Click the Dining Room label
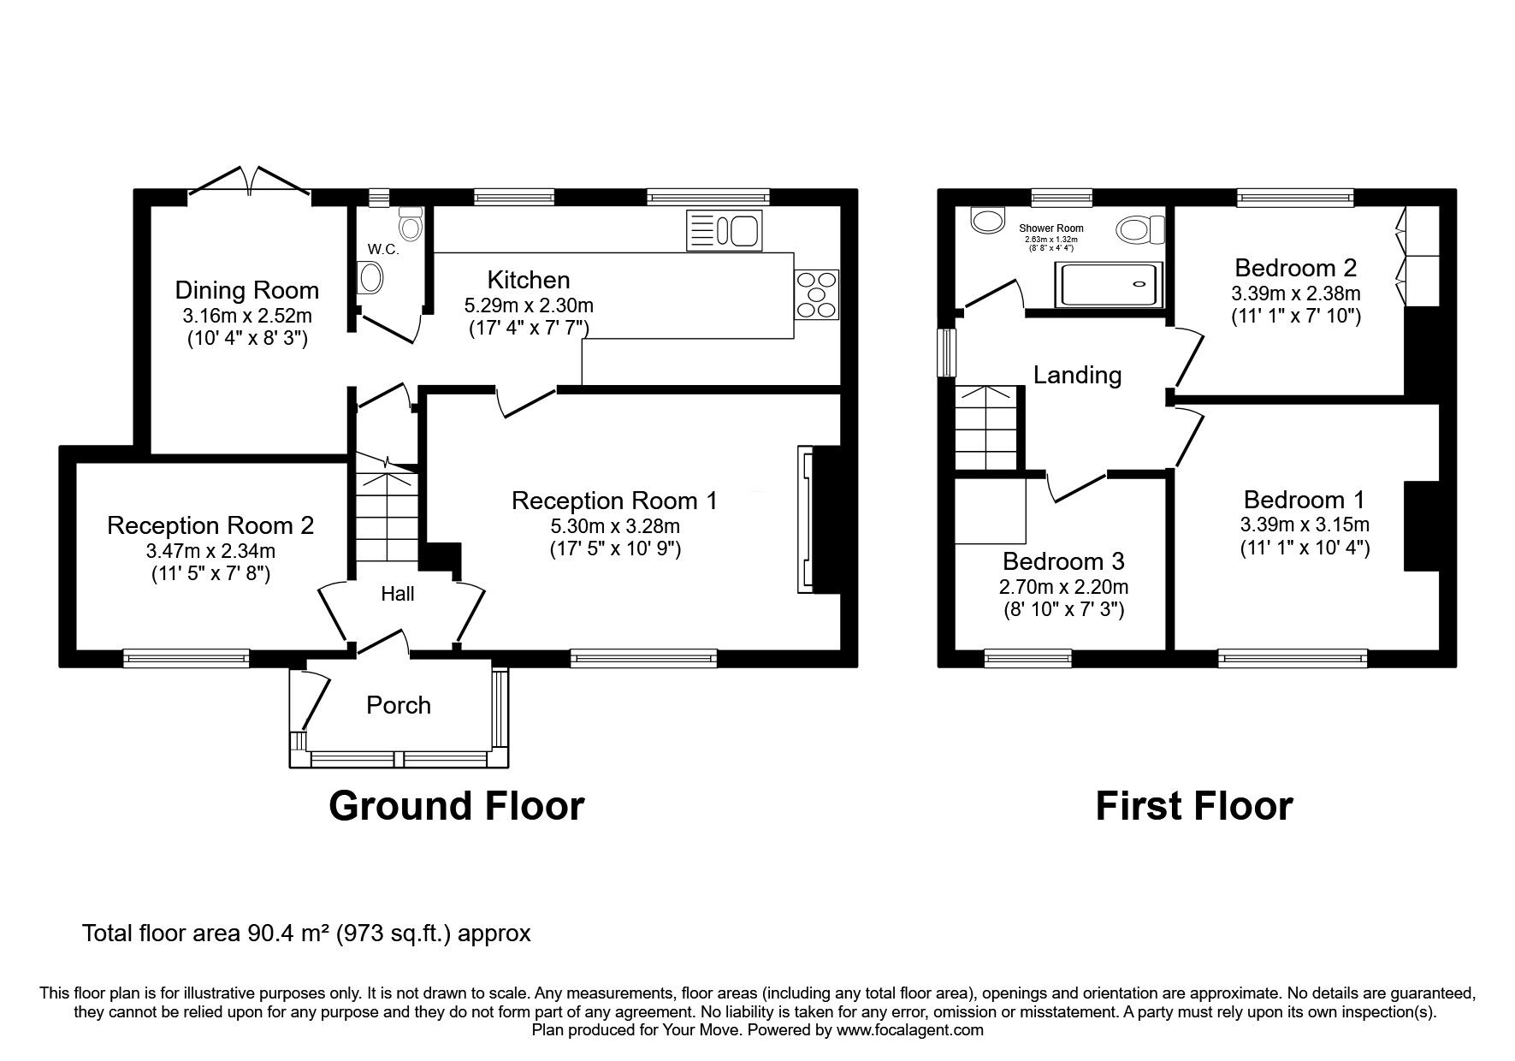coord(247,290)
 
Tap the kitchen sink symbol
coord(724,231)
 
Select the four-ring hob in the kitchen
coord(817,294)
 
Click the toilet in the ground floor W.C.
coord(411,223)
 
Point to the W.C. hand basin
coord(371,278)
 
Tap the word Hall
coord(398,593)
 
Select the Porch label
coord(399,705)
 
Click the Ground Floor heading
coord(456,806)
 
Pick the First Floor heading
coord(1194,806)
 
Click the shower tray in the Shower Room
coord(1111,285)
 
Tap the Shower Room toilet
coord(1141,229)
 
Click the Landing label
coord(1077,375)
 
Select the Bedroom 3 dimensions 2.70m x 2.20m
coord(1063,587)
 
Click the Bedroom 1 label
coord(1304,500)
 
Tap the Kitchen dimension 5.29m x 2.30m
coord(529,305)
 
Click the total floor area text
coord(306,933)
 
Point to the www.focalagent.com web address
coord(909,1030)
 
